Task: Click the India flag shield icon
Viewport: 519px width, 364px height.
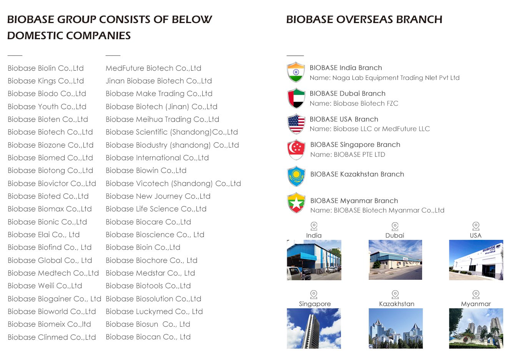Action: pos(296,72)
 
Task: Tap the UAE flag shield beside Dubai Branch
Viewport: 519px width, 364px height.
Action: pos(296,98)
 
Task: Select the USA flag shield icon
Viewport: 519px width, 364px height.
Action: pos(296,124)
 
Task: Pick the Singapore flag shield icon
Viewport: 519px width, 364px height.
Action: pos(296,150)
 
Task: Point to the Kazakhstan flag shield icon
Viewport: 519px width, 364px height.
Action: pos(296,176)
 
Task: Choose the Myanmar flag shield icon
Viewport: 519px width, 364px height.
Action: pos(296,203)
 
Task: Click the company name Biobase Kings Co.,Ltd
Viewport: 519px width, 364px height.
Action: pos(46,81)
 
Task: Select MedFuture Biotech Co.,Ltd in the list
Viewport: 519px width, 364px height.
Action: pos(153,68)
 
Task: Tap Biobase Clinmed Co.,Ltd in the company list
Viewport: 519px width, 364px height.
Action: pos(52,337)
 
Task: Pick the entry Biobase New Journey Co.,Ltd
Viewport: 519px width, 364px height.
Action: pos(158,196)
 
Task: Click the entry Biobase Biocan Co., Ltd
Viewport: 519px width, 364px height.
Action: pos(148,337)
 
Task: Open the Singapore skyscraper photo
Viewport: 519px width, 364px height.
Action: pos(314,328)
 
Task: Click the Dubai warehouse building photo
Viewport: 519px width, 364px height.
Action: pos(395,260)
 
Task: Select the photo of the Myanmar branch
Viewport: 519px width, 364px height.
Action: pos(476,328)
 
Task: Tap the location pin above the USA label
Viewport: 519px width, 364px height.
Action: pos(476,226)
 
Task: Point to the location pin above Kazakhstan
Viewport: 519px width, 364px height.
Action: pos(395,295)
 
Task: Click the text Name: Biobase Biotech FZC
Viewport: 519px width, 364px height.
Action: pos(354,103)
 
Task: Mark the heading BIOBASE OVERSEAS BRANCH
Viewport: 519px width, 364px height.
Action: pos(364,20)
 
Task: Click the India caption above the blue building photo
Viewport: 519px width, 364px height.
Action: pos(314,235)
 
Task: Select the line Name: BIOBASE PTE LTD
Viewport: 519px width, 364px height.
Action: pos(348,155)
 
